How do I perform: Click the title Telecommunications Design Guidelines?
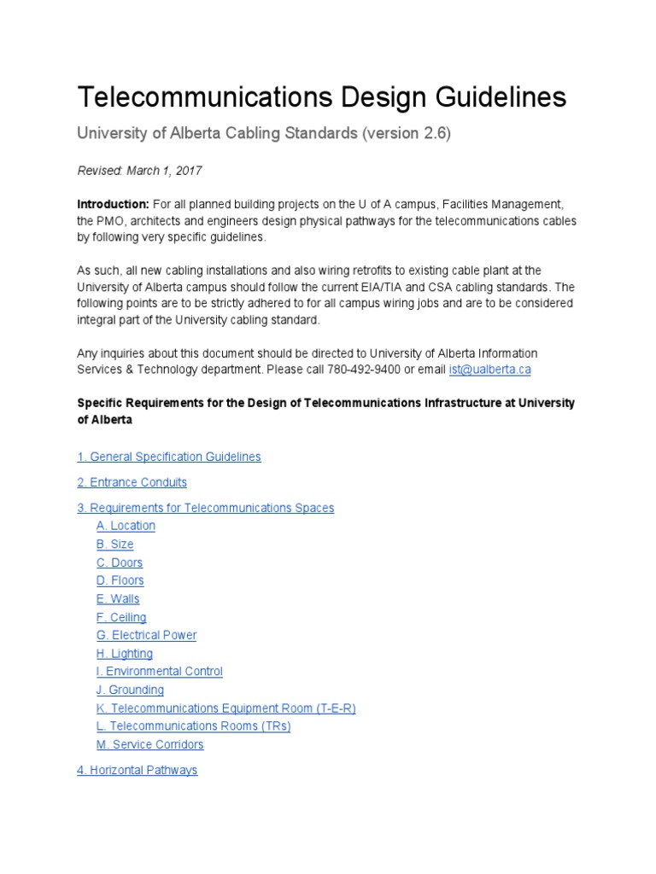pos(321,97)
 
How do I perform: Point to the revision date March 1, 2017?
pos(164,171)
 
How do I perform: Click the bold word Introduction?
pos(113,204)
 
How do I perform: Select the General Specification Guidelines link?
pos(169,457)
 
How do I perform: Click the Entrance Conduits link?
pos(132,482)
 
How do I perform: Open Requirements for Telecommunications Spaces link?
pos(205,508)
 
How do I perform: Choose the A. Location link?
pos(126,526)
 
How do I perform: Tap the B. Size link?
pos(114,545)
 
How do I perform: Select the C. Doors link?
pos(120,562)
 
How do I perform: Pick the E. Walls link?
pos(118,599)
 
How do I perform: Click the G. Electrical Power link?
pos(146,635)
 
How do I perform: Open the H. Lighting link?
pos(125,654)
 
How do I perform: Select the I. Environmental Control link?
pos(159,672)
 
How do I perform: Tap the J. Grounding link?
pos(130,690)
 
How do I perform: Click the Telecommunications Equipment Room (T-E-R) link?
pos(225,708)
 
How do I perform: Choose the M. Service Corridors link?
pos(149,744)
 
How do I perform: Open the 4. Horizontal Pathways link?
pos(137,770)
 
